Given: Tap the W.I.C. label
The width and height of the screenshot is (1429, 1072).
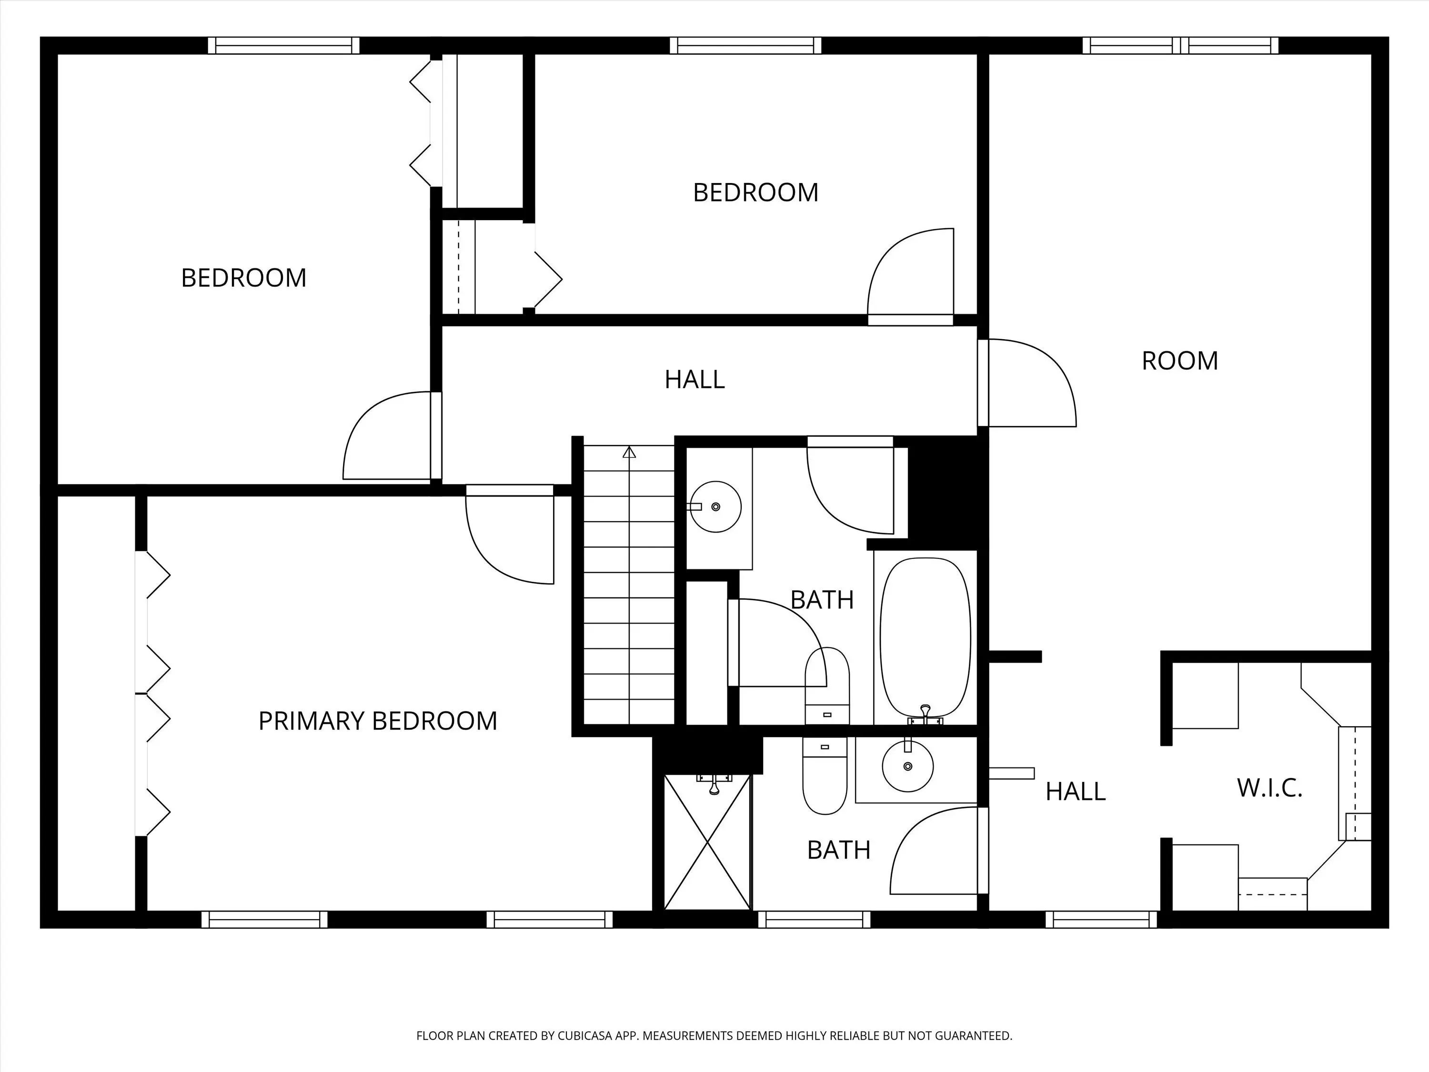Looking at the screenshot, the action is pos(1269,788).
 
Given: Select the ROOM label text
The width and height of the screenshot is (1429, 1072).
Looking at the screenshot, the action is pos(1179,361).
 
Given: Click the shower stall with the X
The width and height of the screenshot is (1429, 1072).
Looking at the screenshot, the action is pos(707,842).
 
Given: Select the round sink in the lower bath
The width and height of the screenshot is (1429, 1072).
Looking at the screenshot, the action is pos(908,766).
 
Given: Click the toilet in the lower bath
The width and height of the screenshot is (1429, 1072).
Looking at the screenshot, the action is pos(825,775).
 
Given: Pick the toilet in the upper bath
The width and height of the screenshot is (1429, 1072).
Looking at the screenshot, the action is pos(827,686).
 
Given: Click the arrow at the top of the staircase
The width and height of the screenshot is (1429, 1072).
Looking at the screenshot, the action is pos(629,452).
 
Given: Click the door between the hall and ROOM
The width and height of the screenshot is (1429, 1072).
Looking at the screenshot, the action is pos(1026,383).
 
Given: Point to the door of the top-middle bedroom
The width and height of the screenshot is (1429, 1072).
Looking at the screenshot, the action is pos(911,276).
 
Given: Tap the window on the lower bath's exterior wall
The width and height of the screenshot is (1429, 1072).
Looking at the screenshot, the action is pos(814,920).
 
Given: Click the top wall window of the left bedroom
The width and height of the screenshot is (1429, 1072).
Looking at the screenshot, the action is pos(283,45).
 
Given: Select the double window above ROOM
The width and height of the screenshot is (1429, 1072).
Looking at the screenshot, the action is pos(1180,45).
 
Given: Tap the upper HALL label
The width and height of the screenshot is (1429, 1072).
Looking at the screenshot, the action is pos(694,379).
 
